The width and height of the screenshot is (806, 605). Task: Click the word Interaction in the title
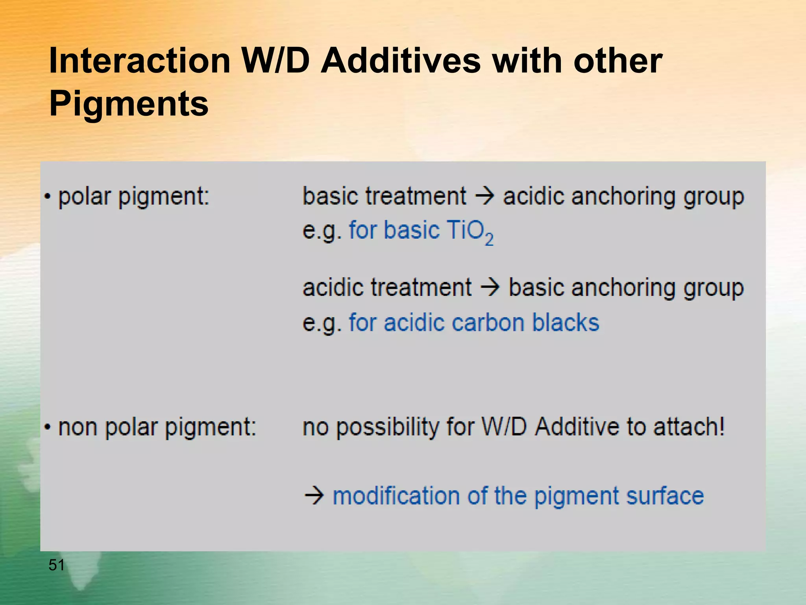pyautogui.click(x=139, y=61)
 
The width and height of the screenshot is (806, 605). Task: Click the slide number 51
pyautogui.click(x=56, y=565)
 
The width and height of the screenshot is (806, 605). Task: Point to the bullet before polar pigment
pyautogui.click(x=48, y=197)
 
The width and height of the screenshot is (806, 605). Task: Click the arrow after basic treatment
pyautogui.click(x=484, y=196)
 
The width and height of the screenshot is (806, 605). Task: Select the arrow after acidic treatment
pyautogui.click(x=490, y=287)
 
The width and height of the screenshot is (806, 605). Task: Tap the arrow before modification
pyautogui.click(x=314, y=496)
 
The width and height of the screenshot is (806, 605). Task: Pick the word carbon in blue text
pyautogui.click(x=488, y=323)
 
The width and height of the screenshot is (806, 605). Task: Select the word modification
pyautogui.click(x=396, y=496)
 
